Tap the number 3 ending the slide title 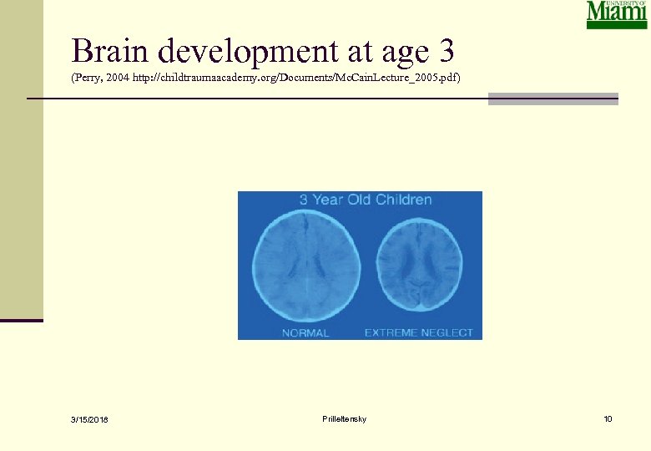(x=445, y=52)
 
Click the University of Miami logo (x=617, y=15)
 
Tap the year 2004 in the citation (x=126, y=78)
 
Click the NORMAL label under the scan (x=305, y=332)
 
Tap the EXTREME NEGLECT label (x=419, y=332)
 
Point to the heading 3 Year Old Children (x=366, y=200)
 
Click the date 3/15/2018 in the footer (x=89, y=419)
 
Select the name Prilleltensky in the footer (x=343, y=418)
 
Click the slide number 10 (x=608, y=418)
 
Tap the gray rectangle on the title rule (x=553, y=99)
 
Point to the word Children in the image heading (x=403, y=200)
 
